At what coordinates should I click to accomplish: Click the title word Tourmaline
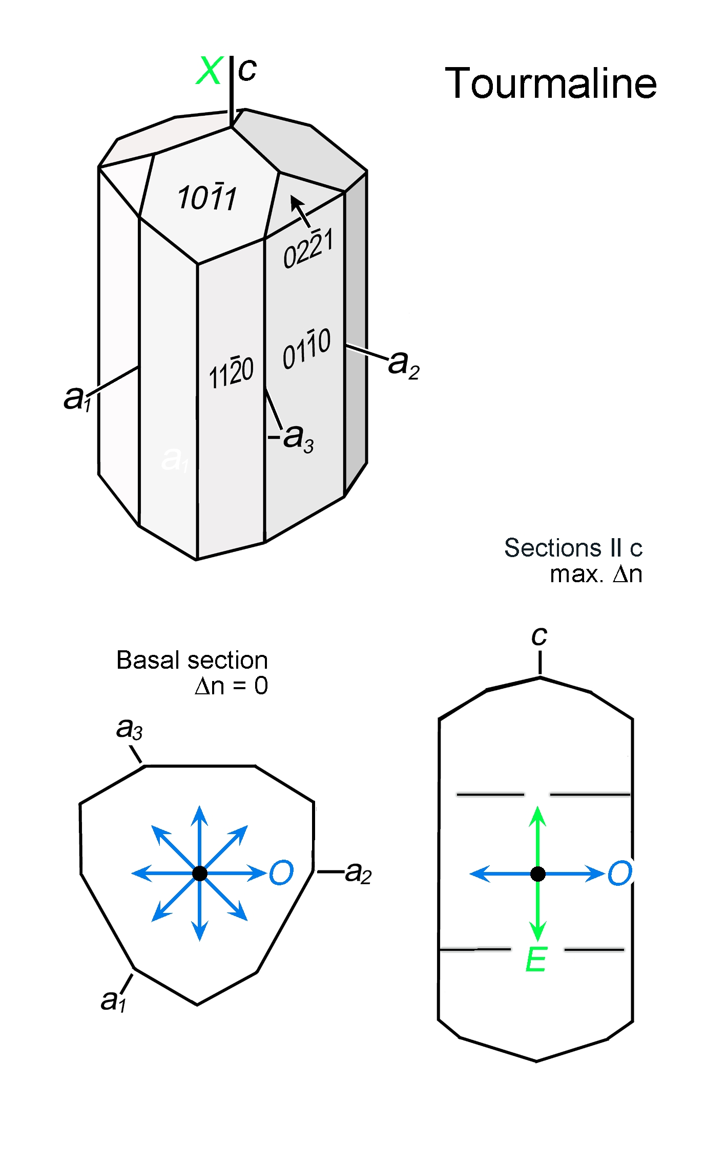tap(551, 83)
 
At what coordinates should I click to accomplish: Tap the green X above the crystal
tap(210, 70)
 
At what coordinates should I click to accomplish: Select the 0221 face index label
tap(308, 249)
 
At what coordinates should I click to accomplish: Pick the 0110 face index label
tap(307, 349)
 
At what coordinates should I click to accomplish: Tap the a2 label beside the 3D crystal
tap(404, 365)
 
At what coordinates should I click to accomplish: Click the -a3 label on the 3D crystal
tap(291, 439)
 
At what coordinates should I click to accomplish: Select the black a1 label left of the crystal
tap(77, 398)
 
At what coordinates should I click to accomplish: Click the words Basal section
tap(192, 660)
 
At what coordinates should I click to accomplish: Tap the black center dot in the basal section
tap(200, 874)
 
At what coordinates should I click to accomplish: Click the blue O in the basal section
tap(281, 873)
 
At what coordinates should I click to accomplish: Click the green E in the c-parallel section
tap(536, 960)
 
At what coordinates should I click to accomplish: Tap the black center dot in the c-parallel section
tap(538, 874)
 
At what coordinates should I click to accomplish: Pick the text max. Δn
tap(596, 574)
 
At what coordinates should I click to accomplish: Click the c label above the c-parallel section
tap(539, 636)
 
